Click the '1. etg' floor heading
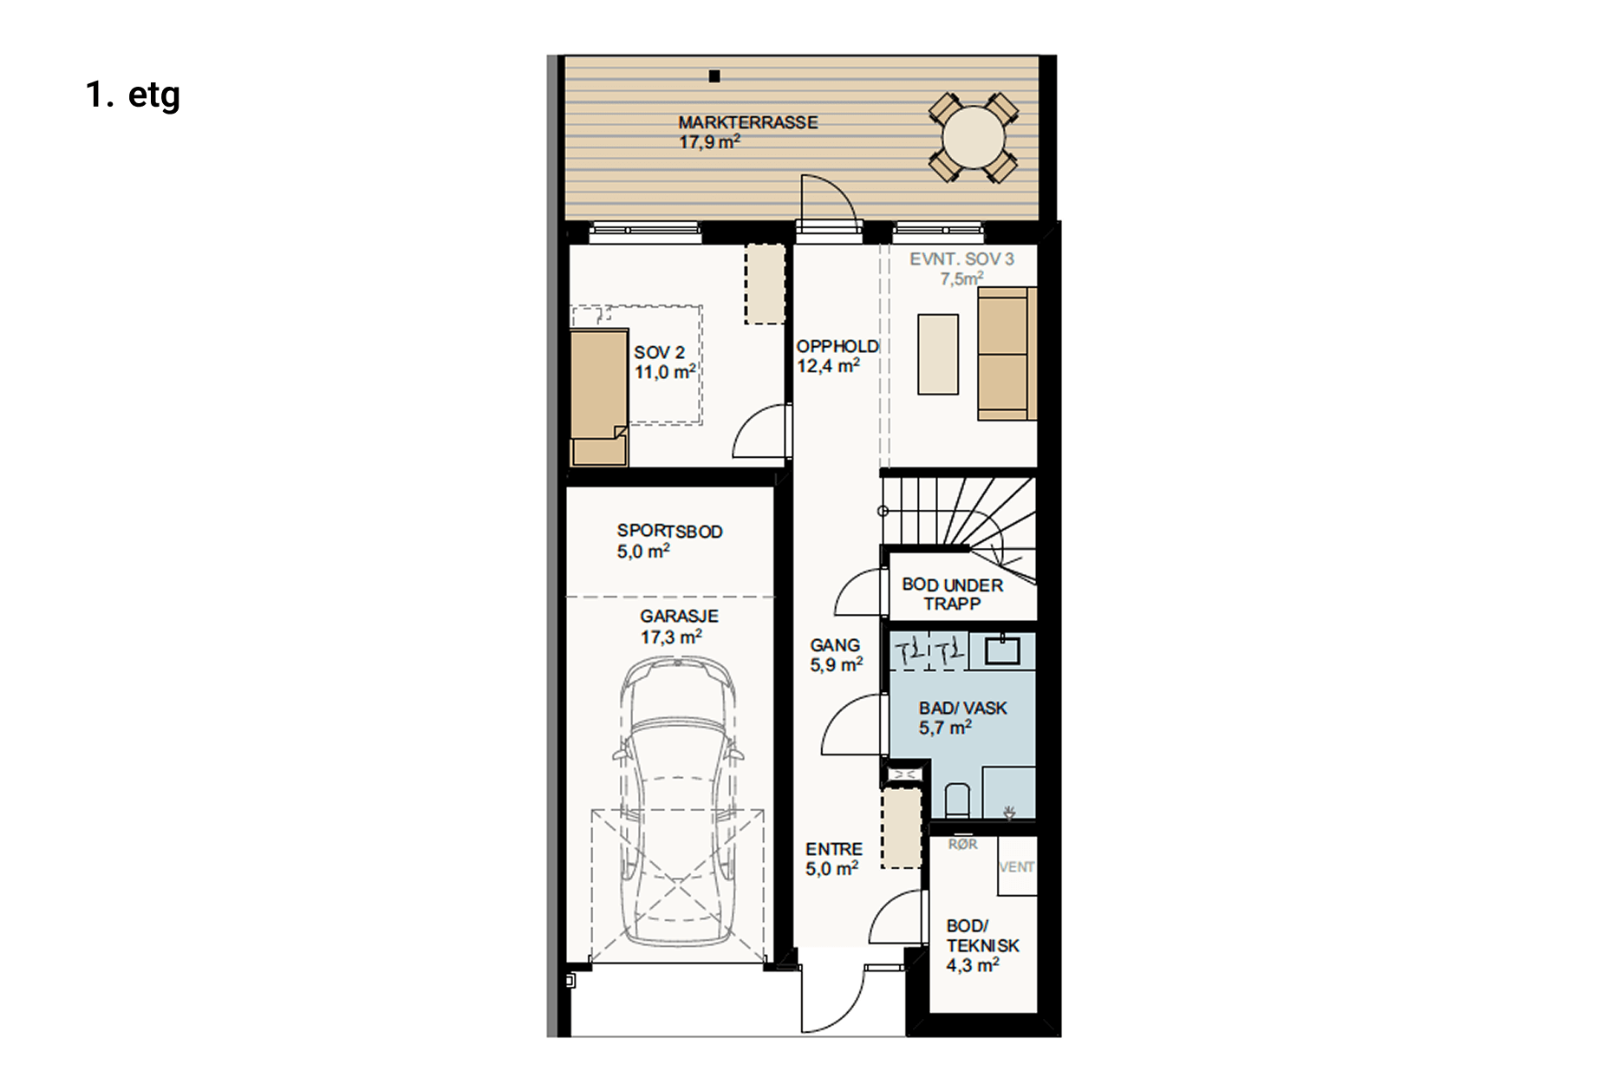pyautogui.click(x=133, y=95)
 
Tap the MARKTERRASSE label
pyautogui.click(x=747, y=122)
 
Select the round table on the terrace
pyautogui.click(x=973, y=137)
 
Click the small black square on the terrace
pyautogui.click(x=714, y=76)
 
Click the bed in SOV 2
pyautogui.click(x=598, y=397)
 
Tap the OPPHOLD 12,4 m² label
pyautogui.click(x=837, y=356)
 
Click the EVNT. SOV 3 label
pyautogui.click(x=961, y=258)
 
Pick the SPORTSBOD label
pyautogui.click(x=669, y=531)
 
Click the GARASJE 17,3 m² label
pyautogui.click(x=679, y=626)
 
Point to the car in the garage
pyautogui.click(x=678, y=801)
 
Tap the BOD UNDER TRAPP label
pyautogui.click(x=952, y=594)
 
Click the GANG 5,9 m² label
pyautogui.click(x=836, y=655)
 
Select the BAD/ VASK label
pyautogui.click(x=962, y=708)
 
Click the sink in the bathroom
pyautogui.click(x=1002, y=649)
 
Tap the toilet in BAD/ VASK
pyautogui.click(x=956, y=800)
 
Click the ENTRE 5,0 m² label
pyautogui.click(x=833, y=859)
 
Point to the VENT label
pyautogui.click(x=1017, y=866)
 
